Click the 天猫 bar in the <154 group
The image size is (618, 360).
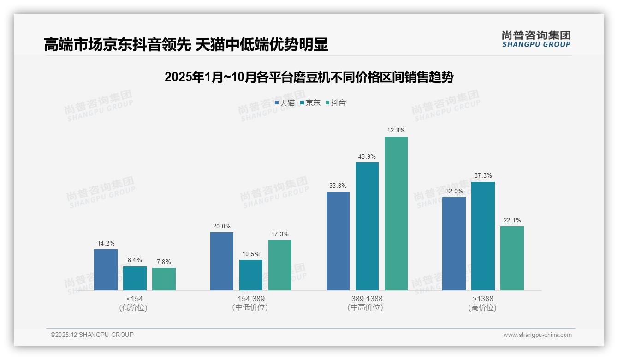point(106,270)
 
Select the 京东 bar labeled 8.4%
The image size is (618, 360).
point(135,278)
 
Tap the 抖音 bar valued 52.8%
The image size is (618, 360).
point(396,213)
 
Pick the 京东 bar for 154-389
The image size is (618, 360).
point(251,275)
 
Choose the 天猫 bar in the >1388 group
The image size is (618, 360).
point(454,244)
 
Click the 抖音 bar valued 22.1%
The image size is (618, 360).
point(512,258)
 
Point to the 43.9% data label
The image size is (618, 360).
point(367,157)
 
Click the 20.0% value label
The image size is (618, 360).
point(222,227)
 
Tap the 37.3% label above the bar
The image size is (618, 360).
point(483,176)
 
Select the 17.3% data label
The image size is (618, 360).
point(280,234)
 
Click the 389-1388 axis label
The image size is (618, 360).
point(367,299)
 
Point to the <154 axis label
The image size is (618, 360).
point(135,299)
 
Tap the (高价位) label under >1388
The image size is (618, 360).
point(483,308)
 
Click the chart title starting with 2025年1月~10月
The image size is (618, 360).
point(309,78)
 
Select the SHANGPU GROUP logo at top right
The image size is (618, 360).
point(536,39)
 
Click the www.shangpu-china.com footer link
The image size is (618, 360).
point(537,335)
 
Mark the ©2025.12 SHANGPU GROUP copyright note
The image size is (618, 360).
point(92,335)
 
